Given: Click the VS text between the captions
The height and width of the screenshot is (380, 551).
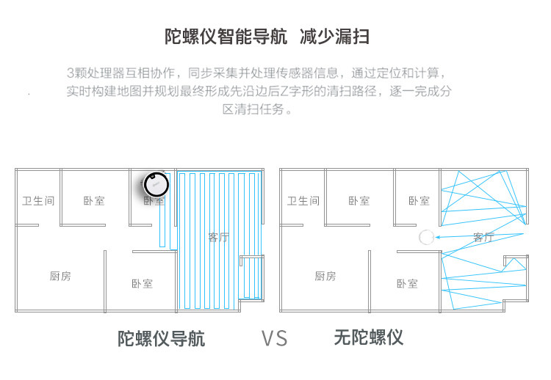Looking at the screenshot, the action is tap(275, 338).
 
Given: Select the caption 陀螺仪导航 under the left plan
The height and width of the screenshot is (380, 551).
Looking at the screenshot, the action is tap(162, 338).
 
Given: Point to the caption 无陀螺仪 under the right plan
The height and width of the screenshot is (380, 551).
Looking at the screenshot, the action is tap(368, 337).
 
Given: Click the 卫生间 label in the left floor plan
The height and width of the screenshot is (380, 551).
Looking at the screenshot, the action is tap(38, 200).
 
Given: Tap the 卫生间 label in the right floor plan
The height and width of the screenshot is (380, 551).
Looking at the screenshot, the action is tap(303, 200).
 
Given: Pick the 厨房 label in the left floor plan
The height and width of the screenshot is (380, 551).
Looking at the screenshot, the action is tap(60, 277).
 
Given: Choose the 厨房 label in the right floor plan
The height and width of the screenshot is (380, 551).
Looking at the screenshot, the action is tap(325, 277).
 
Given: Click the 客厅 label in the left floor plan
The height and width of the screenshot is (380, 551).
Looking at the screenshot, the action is tap(218, 237).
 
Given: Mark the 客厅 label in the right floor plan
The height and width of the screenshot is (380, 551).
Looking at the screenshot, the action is tap(483, 237).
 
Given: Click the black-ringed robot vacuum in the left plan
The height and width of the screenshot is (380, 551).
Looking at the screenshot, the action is tap(156, 183).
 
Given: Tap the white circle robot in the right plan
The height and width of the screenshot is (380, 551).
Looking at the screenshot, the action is tap(426, 237).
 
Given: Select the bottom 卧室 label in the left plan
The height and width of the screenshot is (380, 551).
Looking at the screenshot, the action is tap(143, 284).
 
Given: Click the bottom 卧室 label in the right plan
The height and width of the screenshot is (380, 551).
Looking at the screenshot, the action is tap(407, 284).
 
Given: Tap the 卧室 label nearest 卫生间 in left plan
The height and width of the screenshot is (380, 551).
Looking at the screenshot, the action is tap(93, 200).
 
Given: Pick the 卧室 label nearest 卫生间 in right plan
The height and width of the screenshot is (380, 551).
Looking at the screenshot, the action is tap(359, 200).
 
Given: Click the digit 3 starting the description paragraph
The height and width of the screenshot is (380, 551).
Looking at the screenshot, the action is tap(70, 73).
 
